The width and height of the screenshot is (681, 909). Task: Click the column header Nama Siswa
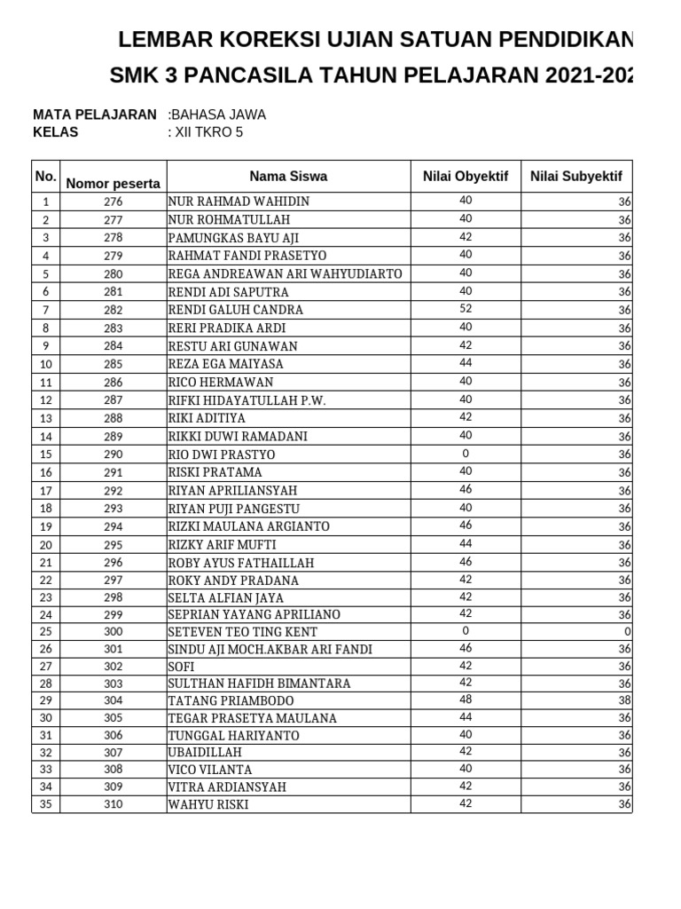(x=288, y=177)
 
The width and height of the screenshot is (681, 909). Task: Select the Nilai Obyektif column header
(x=466, y=177)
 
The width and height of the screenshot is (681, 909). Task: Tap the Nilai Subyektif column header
(x=576, y=177)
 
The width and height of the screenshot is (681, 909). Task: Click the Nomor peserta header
(x=113, y=184)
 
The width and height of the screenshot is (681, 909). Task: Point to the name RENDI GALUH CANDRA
(x=235, y=310)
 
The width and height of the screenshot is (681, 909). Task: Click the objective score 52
(x=466, y=309)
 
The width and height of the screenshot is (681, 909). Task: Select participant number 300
(x=113, y=632)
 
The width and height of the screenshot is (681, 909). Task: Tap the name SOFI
(x=182, y=667)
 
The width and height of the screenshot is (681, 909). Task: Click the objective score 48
(x=466, y=700)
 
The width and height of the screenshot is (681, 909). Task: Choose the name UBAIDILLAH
(x=205, y=752)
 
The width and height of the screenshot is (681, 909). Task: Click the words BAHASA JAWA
(x=218, y=115)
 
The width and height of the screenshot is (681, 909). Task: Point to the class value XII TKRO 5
(x=207, y=132)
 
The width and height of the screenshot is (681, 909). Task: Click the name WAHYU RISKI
(x=208, y=805)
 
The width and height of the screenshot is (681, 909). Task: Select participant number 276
(x=113, y=202)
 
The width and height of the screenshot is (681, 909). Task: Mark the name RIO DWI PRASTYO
(x=222, y=454)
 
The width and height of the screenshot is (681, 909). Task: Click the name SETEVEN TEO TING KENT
(x=242, y=632)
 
